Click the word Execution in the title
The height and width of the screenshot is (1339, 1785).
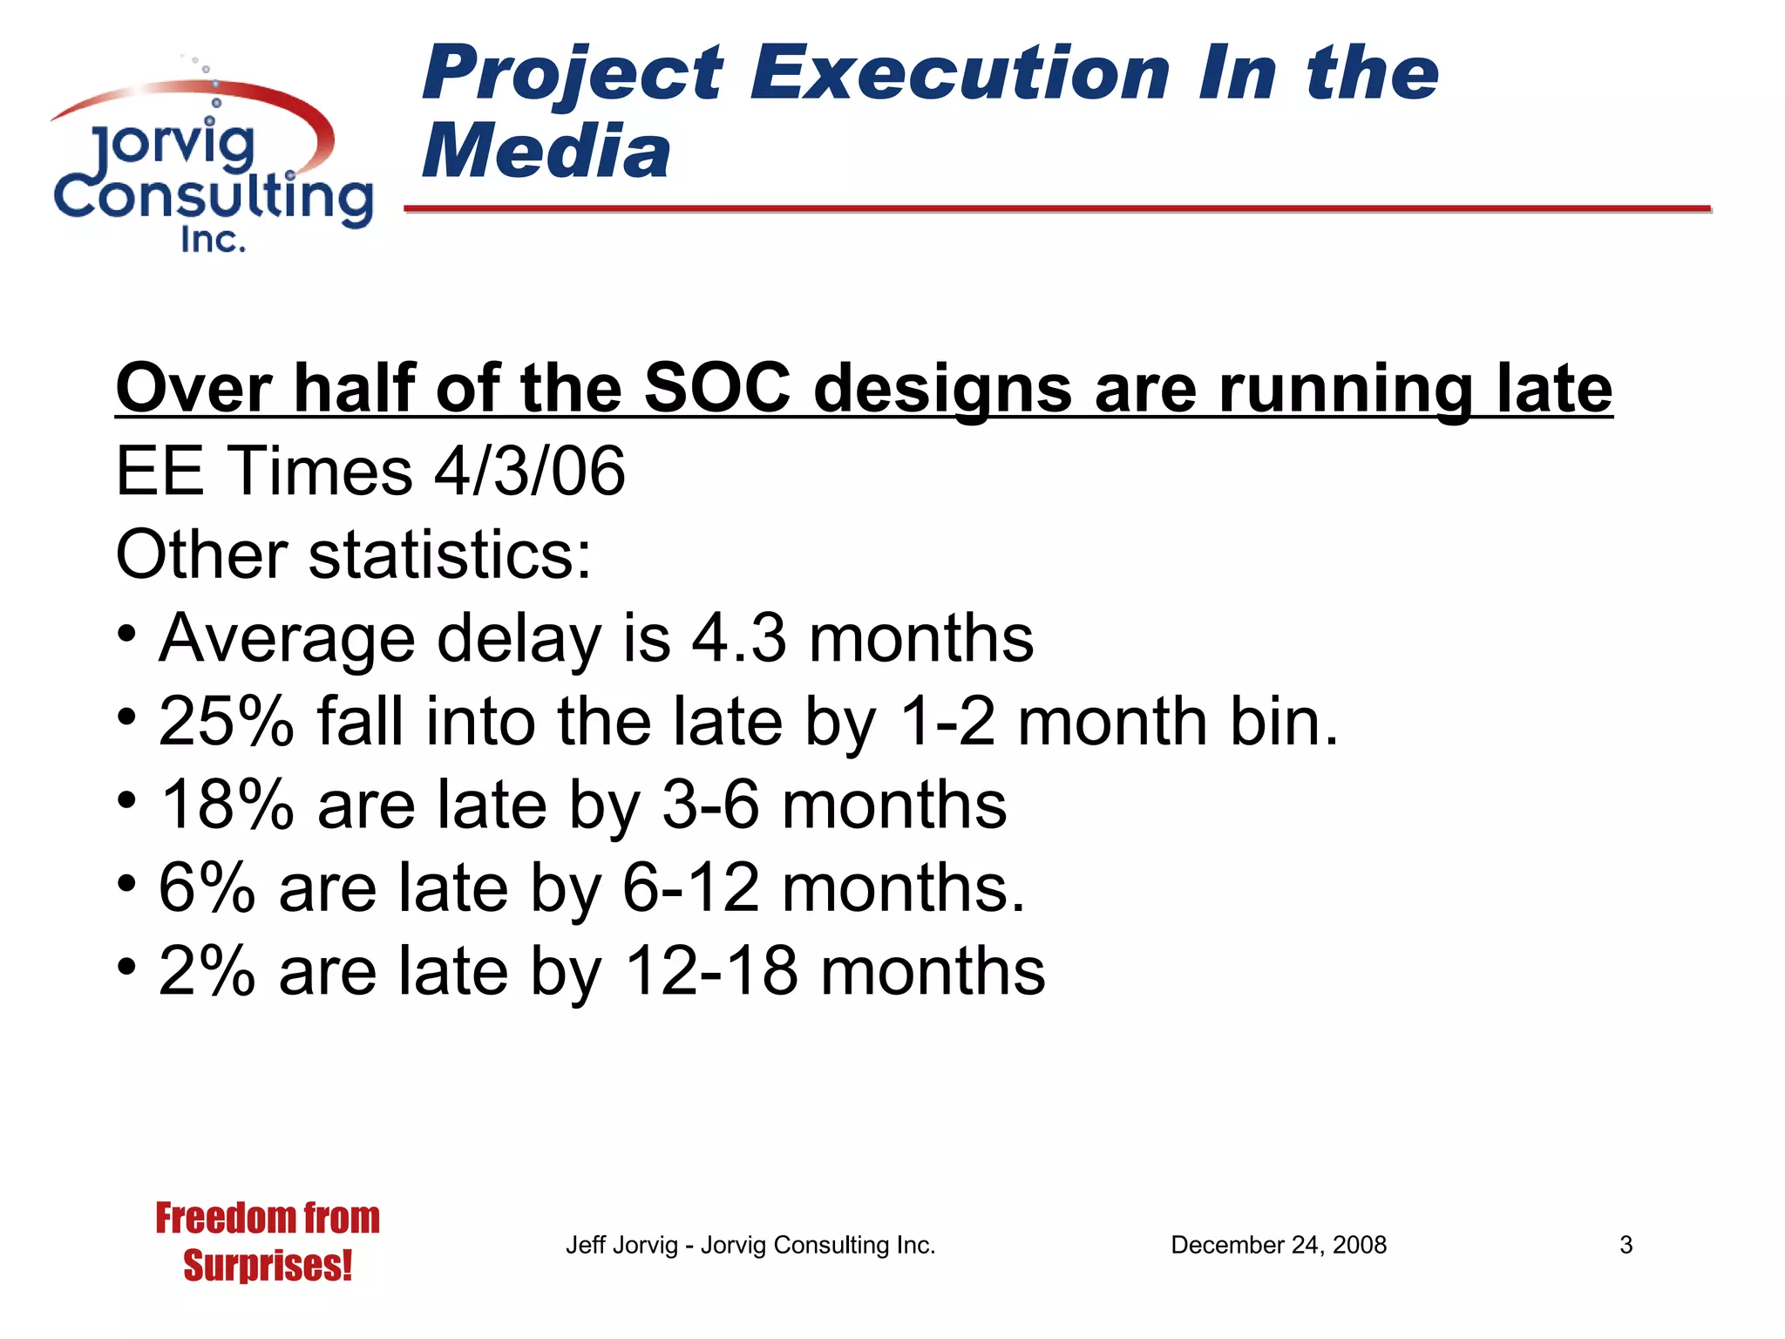coord(960,73)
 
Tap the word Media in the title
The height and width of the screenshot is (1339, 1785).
coord(546,152)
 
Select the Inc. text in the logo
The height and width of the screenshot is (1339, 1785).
coord(213,239)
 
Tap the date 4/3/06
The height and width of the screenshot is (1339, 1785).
coord(530,471)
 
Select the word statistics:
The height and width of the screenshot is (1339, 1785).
coord(450,554)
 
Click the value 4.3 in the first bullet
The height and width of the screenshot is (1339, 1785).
coord(739,638)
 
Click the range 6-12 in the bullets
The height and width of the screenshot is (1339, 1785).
coord(690,888)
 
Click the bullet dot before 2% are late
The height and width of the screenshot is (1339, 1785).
coord(127,967)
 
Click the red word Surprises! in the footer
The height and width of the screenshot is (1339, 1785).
coord(268,1266)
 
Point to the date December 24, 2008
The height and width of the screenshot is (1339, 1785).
coord(1278,1245)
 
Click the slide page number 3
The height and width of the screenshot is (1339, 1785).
coord(1626,1245)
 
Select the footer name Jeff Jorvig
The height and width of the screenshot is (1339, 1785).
coord(621,1245)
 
